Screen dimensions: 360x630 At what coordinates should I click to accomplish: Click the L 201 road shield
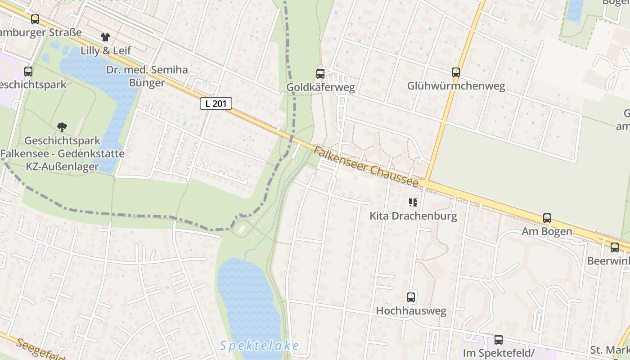[x=216, y=103]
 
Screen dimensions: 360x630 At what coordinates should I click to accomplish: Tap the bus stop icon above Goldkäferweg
[x=320, y=73]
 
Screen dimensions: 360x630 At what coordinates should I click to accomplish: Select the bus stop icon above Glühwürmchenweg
[x=456, y=72]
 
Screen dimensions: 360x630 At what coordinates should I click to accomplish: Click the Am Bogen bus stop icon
[x=547, y=218]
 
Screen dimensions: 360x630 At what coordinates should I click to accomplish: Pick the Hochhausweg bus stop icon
[x=411, y=297]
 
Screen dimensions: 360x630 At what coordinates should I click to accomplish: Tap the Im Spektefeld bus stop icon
[x=499, y=340]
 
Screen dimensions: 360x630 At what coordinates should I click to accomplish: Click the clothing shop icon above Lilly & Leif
[x=105, y=37]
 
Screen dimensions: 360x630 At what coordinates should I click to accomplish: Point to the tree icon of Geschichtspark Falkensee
[x=62, y=127]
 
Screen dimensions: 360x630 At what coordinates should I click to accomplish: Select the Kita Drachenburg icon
[x=413, y=202]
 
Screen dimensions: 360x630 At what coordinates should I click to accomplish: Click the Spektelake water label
[x=260, y=346]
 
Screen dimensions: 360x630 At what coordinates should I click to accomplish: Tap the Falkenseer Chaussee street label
[x=366, y=167]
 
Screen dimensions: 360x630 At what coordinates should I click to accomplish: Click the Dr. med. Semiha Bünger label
[x=147, y=76]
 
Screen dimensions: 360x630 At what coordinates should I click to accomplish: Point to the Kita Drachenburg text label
[x=413, y=216]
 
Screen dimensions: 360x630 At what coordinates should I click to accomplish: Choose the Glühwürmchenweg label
[x=456, y=86]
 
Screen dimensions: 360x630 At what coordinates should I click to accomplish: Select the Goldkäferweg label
[x=320, y=87]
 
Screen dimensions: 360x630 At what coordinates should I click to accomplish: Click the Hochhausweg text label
[x=411, y=311]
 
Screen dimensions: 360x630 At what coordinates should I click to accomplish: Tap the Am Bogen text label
[x=547, y=232]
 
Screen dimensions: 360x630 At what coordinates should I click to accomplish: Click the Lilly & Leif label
[x=106, y=50]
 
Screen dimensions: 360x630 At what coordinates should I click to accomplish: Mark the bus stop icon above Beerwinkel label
[x=615, y=247]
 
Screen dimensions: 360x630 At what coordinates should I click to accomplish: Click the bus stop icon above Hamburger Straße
[x=35, y=19]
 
